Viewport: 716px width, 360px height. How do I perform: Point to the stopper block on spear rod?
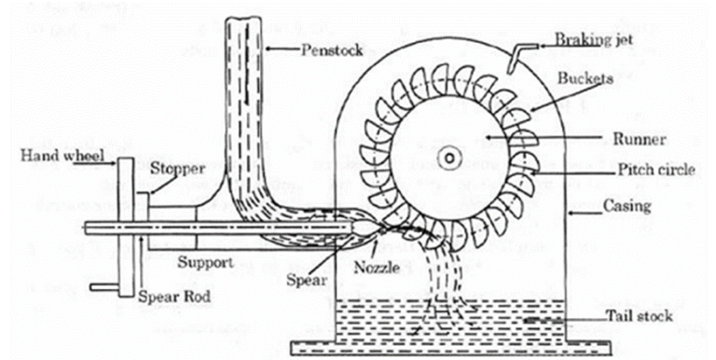141,222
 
